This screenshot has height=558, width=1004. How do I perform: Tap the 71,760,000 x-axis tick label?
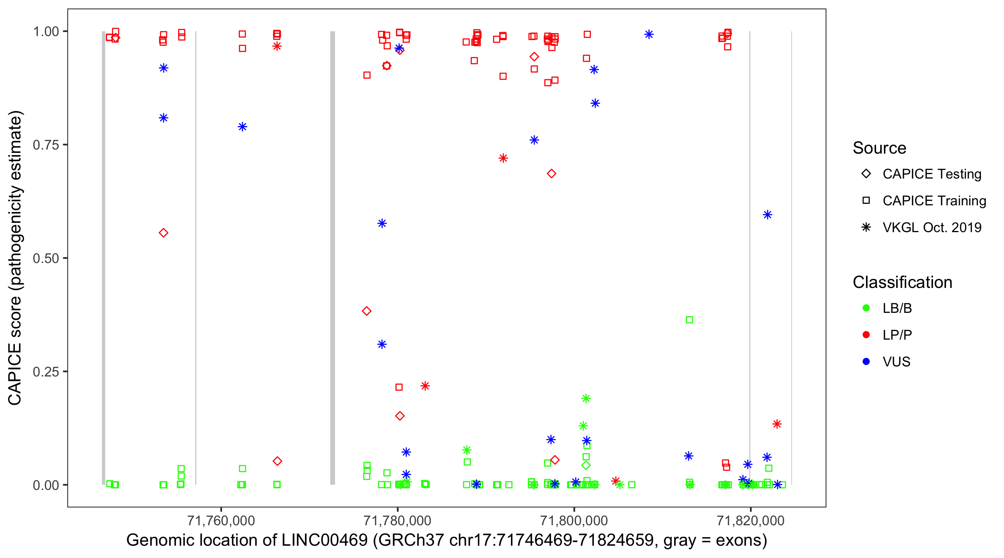pyautogui.click(x=221, y=520)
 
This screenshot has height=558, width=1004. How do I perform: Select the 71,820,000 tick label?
pyautogui.click(x=750, y=520)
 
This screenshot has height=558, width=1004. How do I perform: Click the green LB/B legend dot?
pyautogui.click(x=866, y=308)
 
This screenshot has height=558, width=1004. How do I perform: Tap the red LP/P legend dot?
pyautogui.click(x=866, y=335)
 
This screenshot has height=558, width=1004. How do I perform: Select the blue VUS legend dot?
pyautogui.click(x=866, y=362)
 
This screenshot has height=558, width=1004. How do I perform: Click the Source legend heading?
pyautogui.click(x=879, y=148)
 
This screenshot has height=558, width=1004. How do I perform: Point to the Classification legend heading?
pyautogui.click(x=902, y=282)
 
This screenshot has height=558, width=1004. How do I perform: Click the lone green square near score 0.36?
pyautogui.click(x=689, y=320)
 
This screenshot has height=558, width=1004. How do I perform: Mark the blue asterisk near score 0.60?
pyautogui.click(x=768, y=215)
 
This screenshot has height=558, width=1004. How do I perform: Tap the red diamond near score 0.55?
pyautogui.click(x=163, y=233)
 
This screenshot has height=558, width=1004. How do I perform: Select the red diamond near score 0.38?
pyautogui.click(x=366, y=311)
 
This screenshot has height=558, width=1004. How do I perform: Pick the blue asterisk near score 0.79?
pyautogui.click(x=242, y=127)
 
